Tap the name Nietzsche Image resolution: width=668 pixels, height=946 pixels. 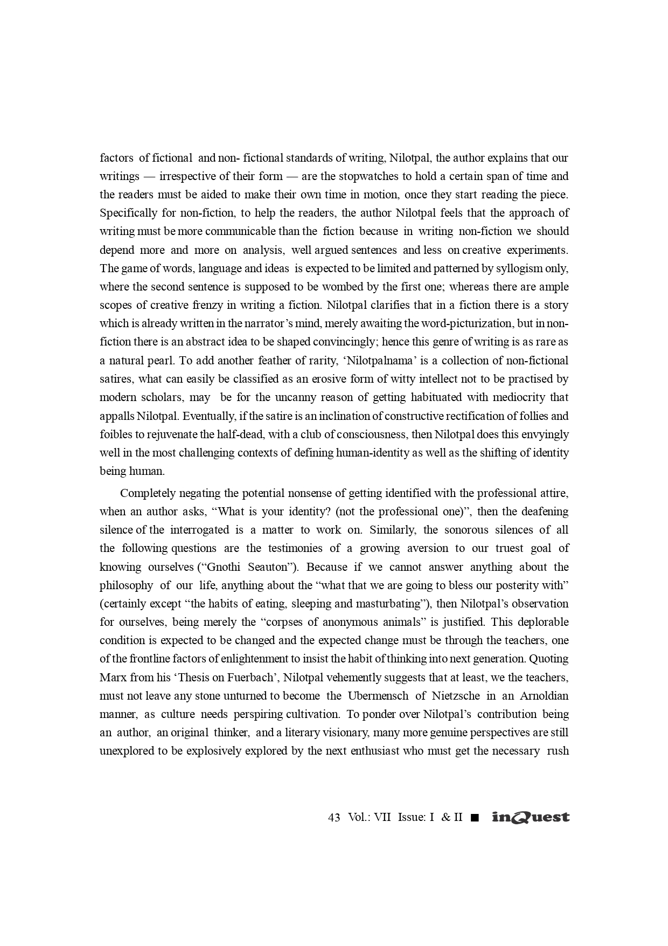(x=452, y=696)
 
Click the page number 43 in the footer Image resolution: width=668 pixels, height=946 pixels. (x=334, y=817)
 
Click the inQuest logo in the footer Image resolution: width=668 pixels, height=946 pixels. (x=531, y=817)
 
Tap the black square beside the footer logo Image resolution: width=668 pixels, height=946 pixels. (x=474, y=818)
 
